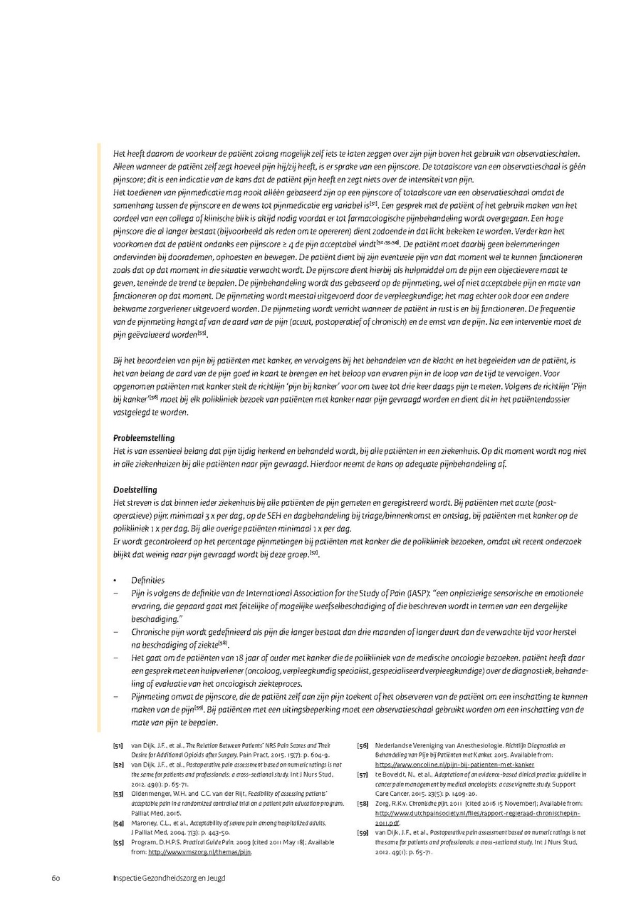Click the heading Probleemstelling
point(144,437)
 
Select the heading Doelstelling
point(135,489)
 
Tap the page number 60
point(55,877)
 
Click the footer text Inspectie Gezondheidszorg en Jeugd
point(169,877)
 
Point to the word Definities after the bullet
point(147,580)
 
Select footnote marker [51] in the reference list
point(118,745)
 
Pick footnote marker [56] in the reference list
point(363,745)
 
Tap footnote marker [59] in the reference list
point(363,831)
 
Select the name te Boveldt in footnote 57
point(392,774)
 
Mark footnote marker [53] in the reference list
point(118,793)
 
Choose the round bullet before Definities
point(115,581)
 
